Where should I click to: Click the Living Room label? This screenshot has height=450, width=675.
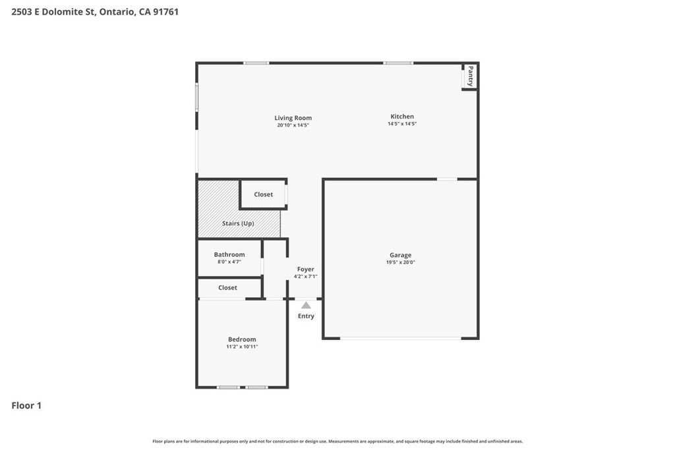293,118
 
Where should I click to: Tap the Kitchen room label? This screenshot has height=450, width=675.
402,116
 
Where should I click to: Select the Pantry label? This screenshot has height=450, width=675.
471,76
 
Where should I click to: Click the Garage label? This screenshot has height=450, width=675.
400,255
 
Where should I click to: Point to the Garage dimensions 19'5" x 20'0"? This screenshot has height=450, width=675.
400,262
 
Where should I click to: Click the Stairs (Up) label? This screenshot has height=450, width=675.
238,223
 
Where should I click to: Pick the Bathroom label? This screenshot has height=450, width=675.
229,255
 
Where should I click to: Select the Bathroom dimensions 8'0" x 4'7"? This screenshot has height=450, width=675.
229,262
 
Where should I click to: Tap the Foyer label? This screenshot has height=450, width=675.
306,269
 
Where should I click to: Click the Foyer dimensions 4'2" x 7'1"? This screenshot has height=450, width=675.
306,276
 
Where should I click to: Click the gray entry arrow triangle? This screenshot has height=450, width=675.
306,306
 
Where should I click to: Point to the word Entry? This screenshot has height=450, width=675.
306,316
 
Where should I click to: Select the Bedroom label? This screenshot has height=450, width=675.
242,339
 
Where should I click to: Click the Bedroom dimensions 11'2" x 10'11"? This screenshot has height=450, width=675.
242,347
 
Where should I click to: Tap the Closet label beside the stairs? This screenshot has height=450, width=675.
264,194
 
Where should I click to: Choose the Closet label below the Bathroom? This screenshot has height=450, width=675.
227,288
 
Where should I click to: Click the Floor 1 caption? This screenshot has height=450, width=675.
26,406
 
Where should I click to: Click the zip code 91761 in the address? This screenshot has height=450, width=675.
165,12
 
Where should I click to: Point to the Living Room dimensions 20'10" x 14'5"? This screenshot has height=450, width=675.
293,125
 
